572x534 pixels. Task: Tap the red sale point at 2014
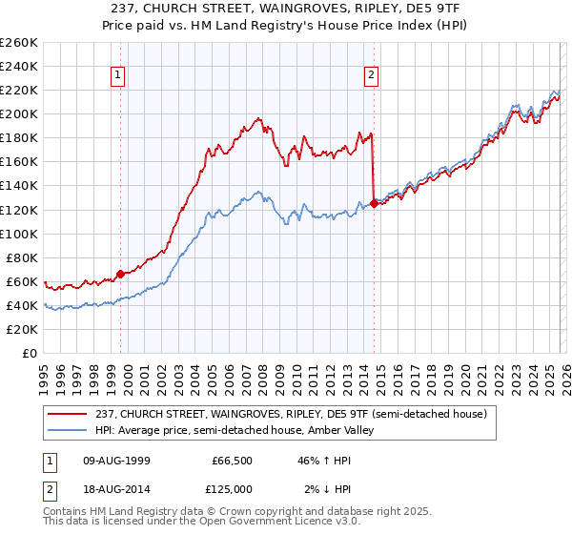click(x=373, y=203)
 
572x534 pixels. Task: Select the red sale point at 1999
click(x=120, y=274)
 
